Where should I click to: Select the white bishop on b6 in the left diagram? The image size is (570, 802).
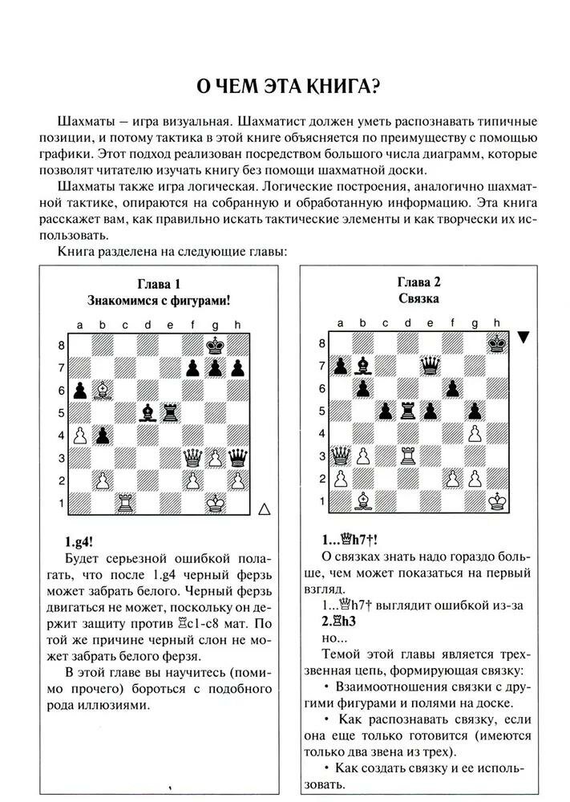[103, 391]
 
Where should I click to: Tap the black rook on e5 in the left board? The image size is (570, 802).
[170, 413]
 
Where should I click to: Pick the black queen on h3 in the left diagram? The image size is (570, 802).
[237, 458]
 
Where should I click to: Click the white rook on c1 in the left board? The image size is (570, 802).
[125, 503]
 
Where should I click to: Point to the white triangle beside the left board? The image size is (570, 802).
[266, 508]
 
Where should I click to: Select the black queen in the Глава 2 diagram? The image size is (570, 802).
[431, 367]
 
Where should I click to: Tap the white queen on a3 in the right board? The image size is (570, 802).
[341, 456]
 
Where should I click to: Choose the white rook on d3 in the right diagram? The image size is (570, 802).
[408, 456]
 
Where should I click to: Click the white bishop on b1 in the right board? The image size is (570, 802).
[363, 501]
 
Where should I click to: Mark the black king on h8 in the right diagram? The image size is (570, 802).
[498, 344]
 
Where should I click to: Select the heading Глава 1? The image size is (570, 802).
[159, 283]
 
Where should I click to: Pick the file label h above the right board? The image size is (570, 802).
[497, 323]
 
